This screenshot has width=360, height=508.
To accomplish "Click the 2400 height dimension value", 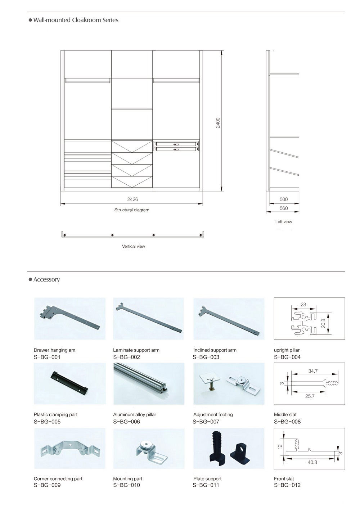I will (218, 123).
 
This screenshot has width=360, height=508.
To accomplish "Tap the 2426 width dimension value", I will (132, 199).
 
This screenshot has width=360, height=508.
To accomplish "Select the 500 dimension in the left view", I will (284, 199).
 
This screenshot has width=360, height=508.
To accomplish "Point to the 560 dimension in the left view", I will (284, 208).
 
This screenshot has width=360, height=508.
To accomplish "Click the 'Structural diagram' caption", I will (132, 210).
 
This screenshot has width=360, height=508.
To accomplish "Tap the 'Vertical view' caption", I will (134, 246).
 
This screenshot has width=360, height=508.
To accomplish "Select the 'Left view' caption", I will (284, 222).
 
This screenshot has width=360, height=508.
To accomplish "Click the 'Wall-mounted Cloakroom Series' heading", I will (76, 20).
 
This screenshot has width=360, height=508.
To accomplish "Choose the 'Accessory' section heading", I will (46, 279).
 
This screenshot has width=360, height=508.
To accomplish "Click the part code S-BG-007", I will (206, 422).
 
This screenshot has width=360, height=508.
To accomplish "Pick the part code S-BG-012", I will (287, 485).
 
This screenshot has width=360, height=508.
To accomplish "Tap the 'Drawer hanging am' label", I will (54, 350).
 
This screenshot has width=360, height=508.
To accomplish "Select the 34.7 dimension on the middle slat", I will (313, 371).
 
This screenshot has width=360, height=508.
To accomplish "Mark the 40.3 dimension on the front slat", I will (312, 462).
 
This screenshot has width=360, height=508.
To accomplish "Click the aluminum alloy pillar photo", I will (149, 383).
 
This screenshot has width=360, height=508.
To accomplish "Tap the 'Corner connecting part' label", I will (58, 478).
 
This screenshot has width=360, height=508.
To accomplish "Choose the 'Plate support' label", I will (207, 478).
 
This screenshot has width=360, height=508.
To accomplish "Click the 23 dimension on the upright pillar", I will (303, 304).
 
